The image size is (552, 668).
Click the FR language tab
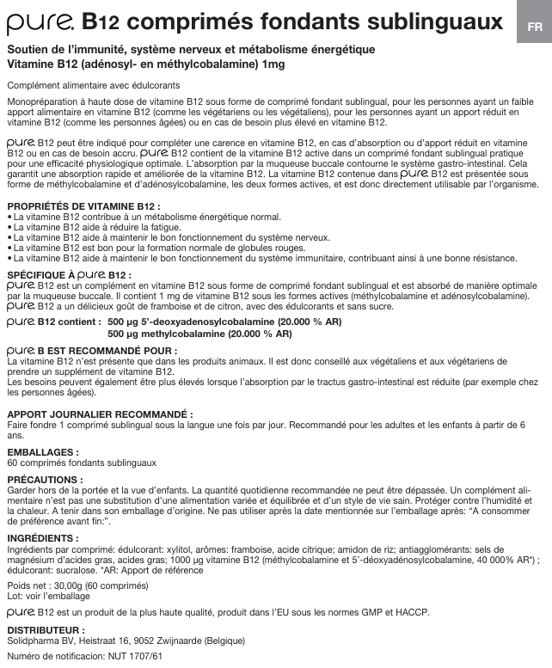point(535,26)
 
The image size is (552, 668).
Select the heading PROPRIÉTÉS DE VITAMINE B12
point(83,207)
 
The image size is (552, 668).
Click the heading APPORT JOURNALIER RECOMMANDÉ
point(100,414)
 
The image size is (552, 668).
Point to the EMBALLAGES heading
point(43,451)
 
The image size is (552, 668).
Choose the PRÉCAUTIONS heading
point(45,479)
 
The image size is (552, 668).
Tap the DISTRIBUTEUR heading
point(46,630)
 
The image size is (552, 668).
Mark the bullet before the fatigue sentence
point(9,228)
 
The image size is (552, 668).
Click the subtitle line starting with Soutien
point(191,50)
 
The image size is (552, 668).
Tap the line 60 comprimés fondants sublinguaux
point(81,462)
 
